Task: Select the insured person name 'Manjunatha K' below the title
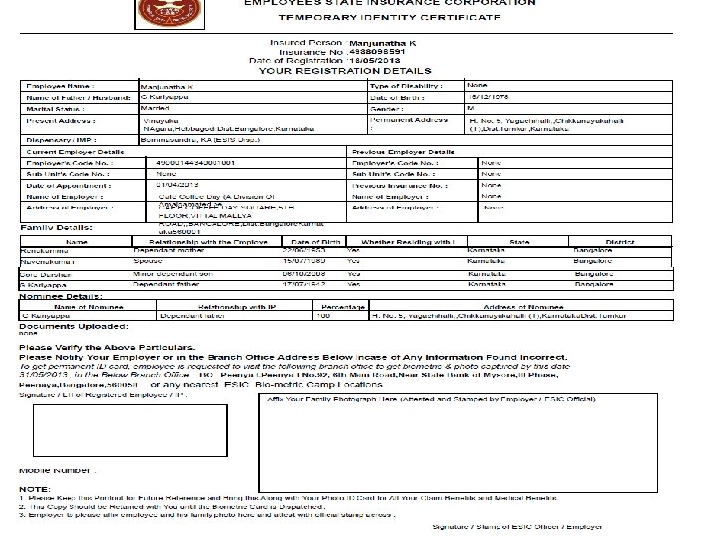coord(381,45)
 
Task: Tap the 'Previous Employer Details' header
coord(402,151)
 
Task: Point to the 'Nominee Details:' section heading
coord(56,296)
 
